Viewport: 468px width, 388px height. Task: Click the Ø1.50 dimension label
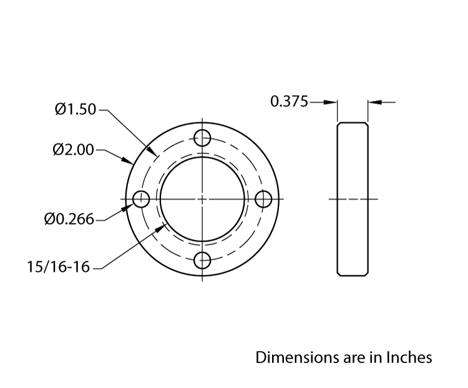(75, 110)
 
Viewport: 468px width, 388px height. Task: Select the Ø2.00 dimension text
(74, 150)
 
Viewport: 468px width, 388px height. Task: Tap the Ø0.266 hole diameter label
(69, 219)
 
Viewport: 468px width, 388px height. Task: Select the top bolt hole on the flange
(203, 137)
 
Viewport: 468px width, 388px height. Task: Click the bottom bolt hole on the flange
(203, 261)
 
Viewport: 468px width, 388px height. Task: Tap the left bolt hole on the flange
(141, 199)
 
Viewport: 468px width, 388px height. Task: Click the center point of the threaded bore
(203, 199)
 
